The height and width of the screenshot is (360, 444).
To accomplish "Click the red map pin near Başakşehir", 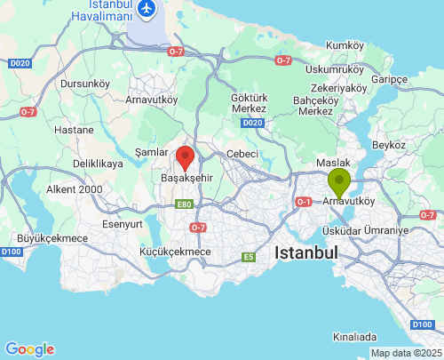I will coord(185,157).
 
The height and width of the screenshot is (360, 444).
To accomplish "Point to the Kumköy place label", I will coord(345,45).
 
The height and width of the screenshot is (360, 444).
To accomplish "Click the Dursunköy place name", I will coord(85,84).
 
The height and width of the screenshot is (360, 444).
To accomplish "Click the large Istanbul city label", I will coord(306,253).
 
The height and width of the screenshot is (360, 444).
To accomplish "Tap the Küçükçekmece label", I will coord(176,252).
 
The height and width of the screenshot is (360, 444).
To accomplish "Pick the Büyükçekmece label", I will coord(52,238).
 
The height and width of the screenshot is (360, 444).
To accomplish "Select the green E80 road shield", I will coord(185,204).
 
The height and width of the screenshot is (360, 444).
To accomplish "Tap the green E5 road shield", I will coord(249,258).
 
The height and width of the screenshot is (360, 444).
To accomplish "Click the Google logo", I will coord(29,349).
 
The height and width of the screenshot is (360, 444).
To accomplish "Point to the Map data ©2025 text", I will coord(405,353).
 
